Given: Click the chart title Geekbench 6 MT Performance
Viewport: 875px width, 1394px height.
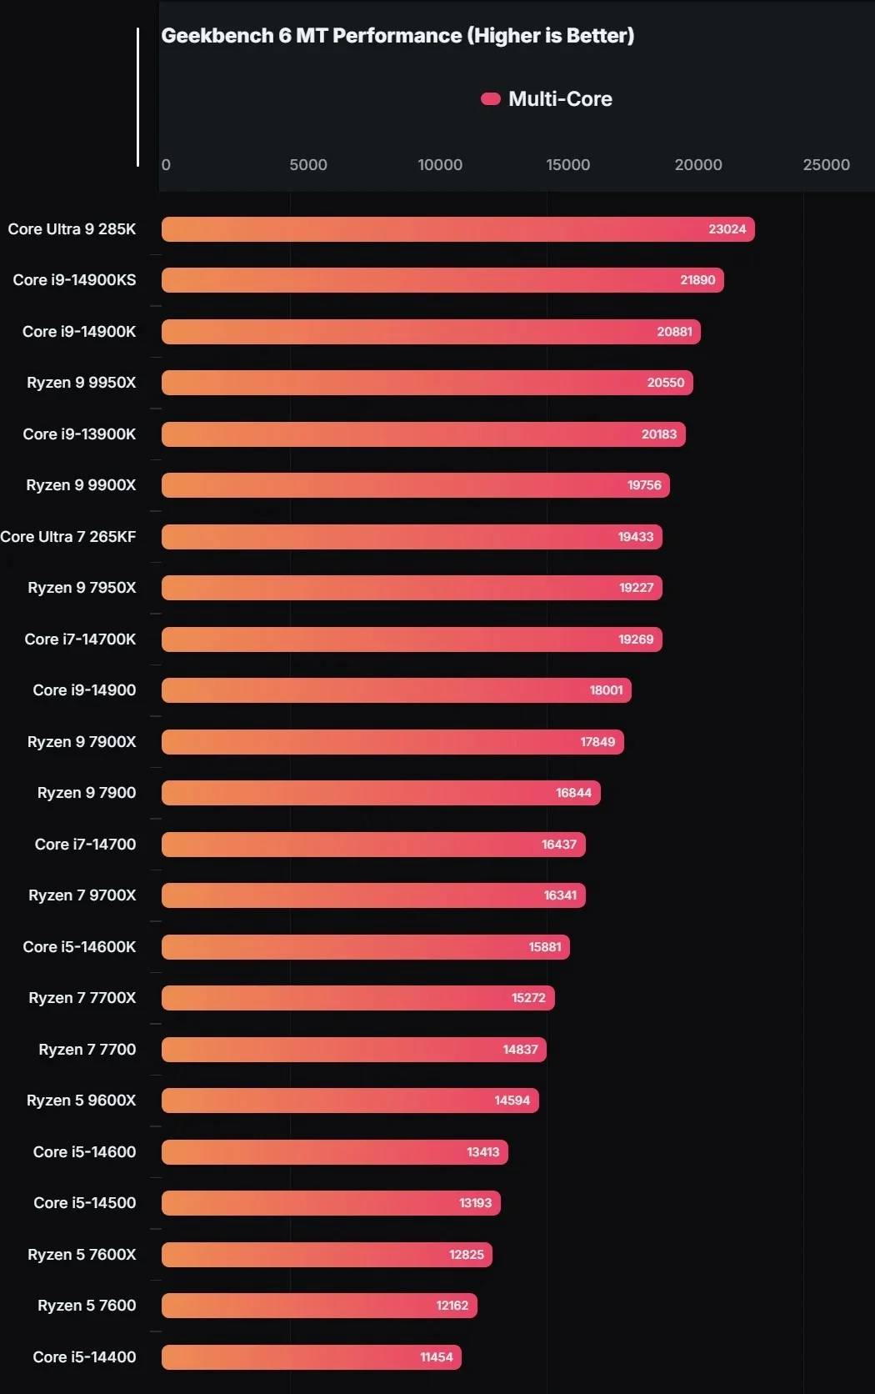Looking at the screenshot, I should click(397, 36).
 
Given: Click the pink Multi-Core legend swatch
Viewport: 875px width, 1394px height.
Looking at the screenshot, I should click(490, 99).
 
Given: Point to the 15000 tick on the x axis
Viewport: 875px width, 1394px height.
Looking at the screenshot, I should click(567, 165).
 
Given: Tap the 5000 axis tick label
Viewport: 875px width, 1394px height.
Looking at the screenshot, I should click(308, 165).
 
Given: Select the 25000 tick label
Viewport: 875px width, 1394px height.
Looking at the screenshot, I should click(826, 165).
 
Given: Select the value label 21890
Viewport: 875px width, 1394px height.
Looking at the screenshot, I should click(697, 280).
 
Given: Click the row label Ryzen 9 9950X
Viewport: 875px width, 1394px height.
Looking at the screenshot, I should click(81, 383).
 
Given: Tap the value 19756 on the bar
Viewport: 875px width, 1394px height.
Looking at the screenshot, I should click(644, 485).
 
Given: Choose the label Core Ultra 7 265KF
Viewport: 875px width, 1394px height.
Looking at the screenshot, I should click(68, 537).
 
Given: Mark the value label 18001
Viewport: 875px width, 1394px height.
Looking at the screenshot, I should click(606, 690).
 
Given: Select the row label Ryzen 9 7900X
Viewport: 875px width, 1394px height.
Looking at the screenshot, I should click(81, 742).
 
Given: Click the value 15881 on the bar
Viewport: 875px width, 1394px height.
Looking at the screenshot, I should click(545, 947).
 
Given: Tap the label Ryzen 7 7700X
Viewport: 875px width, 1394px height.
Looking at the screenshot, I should click(82, 998).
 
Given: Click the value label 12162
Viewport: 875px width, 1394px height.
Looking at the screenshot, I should click(452, 1306).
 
